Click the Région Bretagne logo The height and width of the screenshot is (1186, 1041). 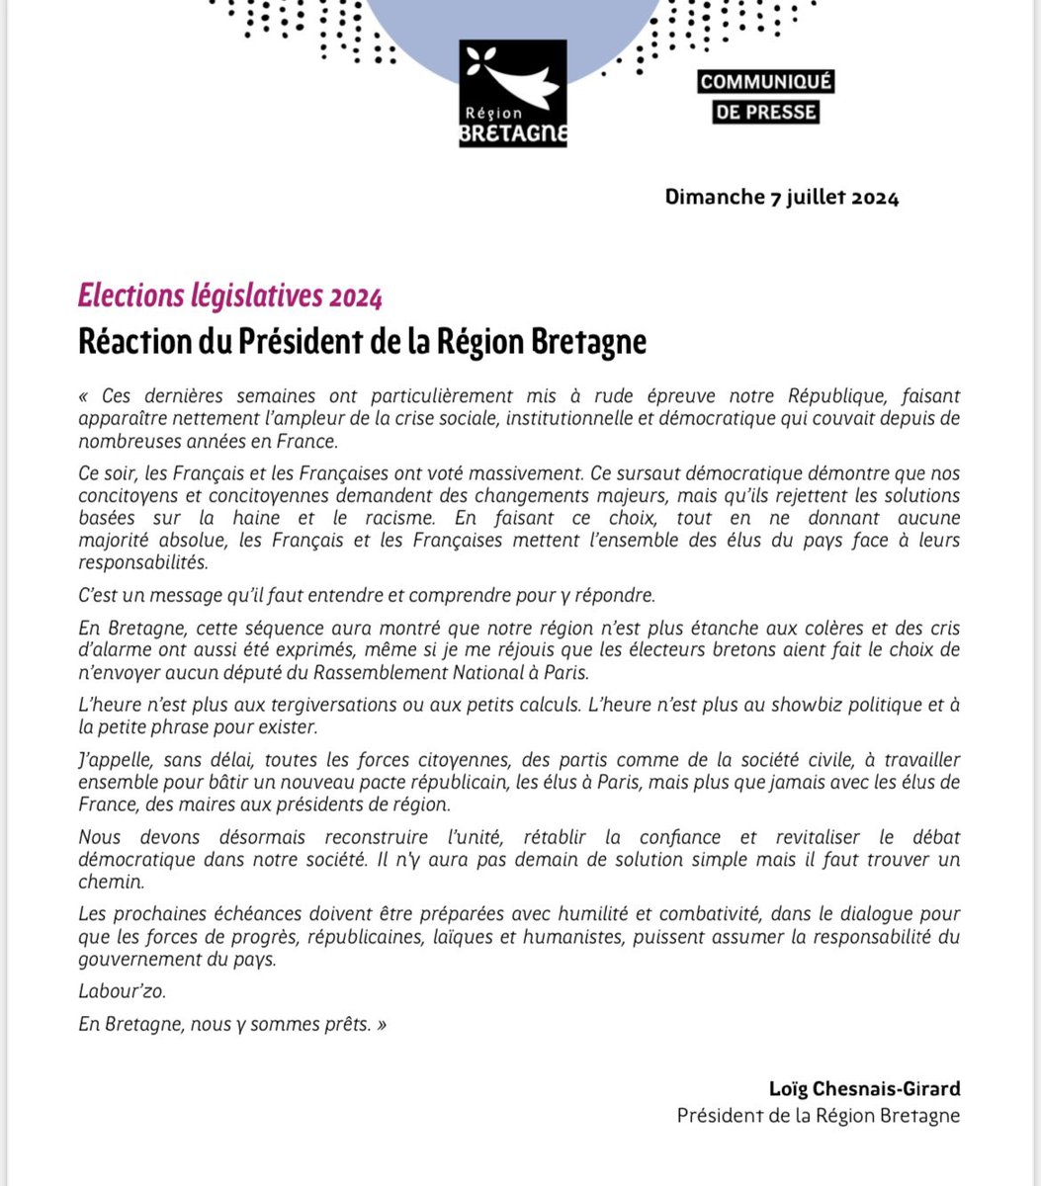(x=512, y=94)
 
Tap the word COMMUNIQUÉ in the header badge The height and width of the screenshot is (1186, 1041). (x=766, y=82)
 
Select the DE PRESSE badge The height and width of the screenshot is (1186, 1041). (x=766, y=112)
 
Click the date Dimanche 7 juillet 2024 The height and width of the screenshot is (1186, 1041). (x=782, y=198)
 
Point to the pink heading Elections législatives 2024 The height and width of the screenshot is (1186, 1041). (x=229, y=296)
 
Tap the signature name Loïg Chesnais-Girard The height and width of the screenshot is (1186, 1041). (x=864, y=1089)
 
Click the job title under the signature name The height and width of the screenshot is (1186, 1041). (x=818, y=1115)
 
